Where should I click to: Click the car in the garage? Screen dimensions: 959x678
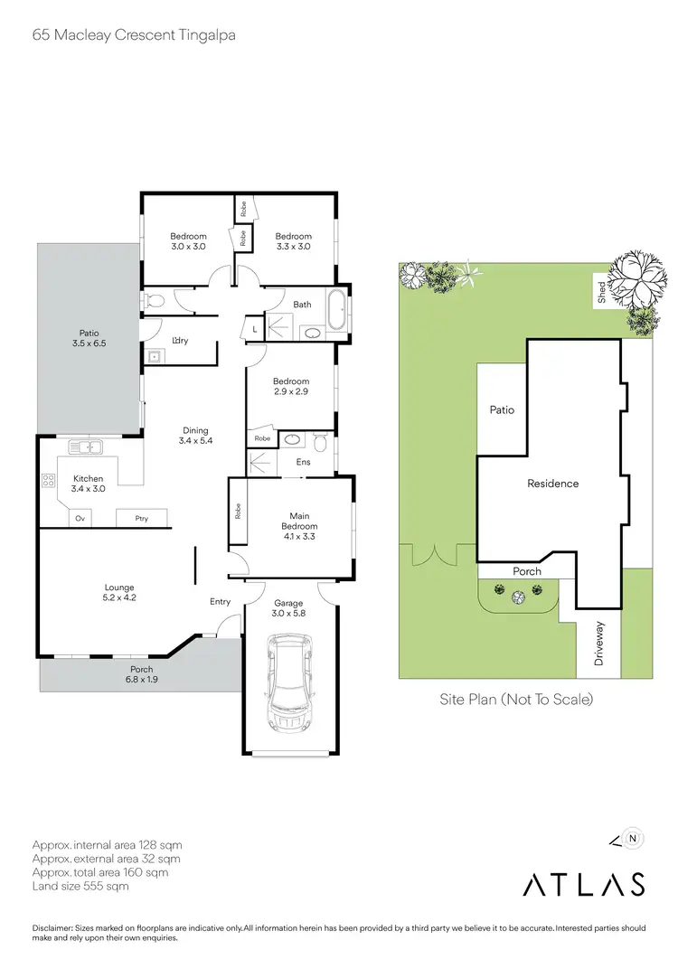point(289,684)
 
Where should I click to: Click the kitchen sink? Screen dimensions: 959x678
point(89,447)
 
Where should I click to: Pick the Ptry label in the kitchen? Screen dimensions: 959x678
point(142,518)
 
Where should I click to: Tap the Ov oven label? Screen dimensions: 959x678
point(80,518)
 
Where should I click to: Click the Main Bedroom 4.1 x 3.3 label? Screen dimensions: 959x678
point(299,531)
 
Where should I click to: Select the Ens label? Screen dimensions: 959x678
point(303,462)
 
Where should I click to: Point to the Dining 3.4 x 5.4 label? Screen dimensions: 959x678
point(195,436)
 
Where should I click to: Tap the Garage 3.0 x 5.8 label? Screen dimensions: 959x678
point(289,608)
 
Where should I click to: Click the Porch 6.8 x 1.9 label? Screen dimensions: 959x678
point(141,674)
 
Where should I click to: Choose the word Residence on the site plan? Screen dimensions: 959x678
point(552,484)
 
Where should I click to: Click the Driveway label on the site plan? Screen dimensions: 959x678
point(598,645)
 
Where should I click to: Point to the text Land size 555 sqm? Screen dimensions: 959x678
point(80,887)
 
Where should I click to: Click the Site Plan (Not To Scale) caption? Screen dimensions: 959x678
point(515,699)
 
